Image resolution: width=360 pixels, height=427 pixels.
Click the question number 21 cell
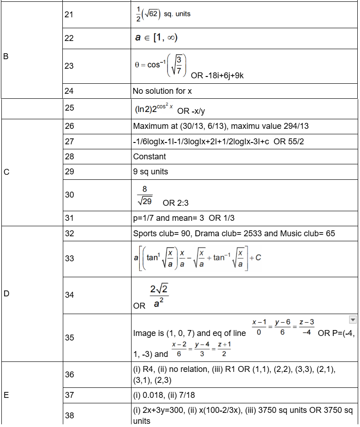(69, 14)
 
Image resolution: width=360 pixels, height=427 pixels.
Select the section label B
(6, 57)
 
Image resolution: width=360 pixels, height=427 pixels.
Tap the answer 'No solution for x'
(162, 91)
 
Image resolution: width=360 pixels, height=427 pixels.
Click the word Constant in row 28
(149, 157)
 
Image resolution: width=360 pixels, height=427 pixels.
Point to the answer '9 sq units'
(151, 172)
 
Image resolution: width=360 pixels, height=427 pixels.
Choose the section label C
(6, 172)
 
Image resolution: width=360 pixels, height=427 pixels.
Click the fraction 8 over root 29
(145, 195)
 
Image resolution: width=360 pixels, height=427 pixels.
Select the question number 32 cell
(69, 234)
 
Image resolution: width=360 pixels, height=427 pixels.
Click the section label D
(6, 294)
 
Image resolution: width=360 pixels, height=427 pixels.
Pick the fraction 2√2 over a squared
(159, 296)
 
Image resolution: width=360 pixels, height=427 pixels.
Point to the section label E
(6, 395)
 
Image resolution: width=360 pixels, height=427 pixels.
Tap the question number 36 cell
(69, 374)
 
